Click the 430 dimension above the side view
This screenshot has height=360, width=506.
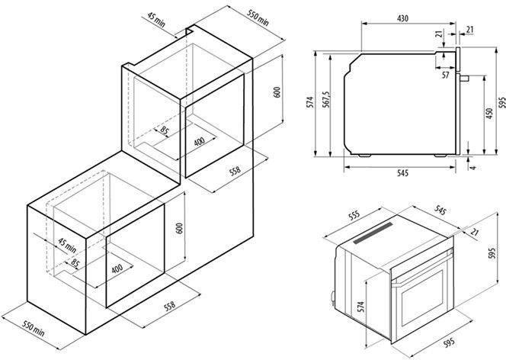pyautogui.click(x=402, y=18)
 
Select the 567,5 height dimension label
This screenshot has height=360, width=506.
pyautogui.click(x=326, y=99)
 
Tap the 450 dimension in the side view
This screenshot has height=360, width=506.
pyautogui.click(x=489, y=114)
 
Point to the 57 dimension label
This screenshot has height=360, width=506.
pyautogui.click(x=445, y=75)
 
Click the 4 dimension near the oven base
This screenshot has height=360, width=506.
pyautogui.click(x=473, y=168)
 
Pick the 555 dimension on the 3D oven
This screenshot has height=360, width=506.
pyautogui.click(x=354, y=216)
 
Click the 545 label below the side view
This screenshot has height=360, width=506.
pyautogui.click(x=402, y=173)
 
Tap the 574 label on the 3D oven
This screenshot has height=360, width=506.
pyautogui.click(x=360, y=307)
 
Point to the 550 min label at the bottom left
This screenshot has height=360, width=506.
pyautogui.click(x=34, y=328)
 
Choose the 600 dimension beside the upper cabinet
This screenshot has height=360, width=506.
pyautogui.click(x=277, y=92)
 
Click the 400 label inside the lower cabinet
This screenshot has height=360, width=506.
pyautogui.click(x=117, y=268)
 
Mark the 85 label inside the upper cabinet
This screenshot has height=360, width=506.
pyautogui.click(x=165, y=130)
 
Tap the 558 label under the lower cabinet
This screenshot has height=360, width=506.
pyautogui.click(x=169, y=306)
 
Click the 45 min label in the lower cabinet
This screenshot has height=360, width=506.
pyautogui.click(x=67, y=246)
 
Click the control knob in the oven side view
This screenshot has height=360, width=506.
pyautogui.click(x=464, y=78)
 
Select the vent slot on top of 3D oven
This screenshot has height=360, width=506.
pyautogui.click(x=373, y=233)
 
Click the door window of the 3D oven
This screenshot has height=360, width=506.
pyautogui.click(x=423, y=298)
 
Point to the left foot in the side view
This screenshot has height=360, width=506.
pyautogui.click(x=364, y=156)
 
